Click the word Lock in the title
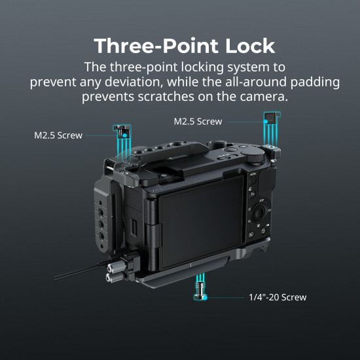pos(244,46)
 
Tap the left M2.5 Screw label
pos(58,135)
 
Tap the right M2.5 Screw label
pos(198,121)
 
